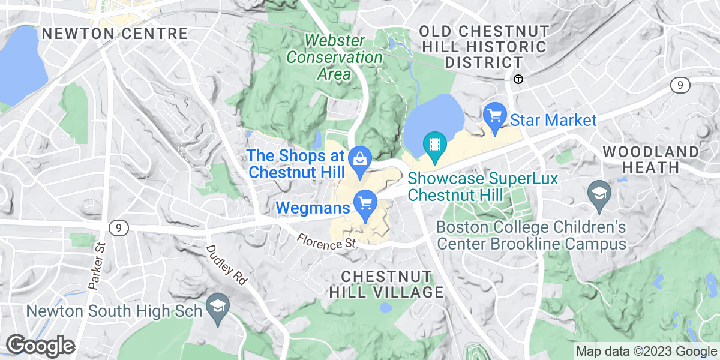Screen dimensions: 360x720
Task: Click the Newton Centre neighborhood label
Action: pos(115,34)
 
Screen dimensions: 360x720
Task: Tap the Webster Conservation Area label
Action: pos(334,58)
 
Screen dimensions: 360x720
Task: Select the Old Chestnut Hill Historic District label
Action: pos(483,46)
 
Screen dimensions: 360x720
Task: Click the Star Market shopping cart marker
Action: pos(495,114)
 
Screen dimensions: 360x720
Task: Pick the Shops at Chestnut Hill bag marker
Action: pos(359,159)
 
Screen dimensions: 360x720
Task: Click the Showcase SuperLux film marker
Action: pos(434,145)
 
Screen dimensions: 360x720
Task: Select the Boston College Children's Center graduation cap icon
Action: pos(600,193)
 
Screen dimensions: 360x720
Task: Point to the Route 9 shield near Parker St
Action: pos(116,227)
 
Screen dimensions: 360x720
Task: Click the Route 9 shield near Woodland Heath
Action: pos(679,86)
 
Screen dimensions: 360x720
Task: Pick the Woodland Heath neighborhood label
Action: pos(651,159)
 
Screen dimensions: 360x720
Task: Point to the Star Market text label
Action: pos(553,121)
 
